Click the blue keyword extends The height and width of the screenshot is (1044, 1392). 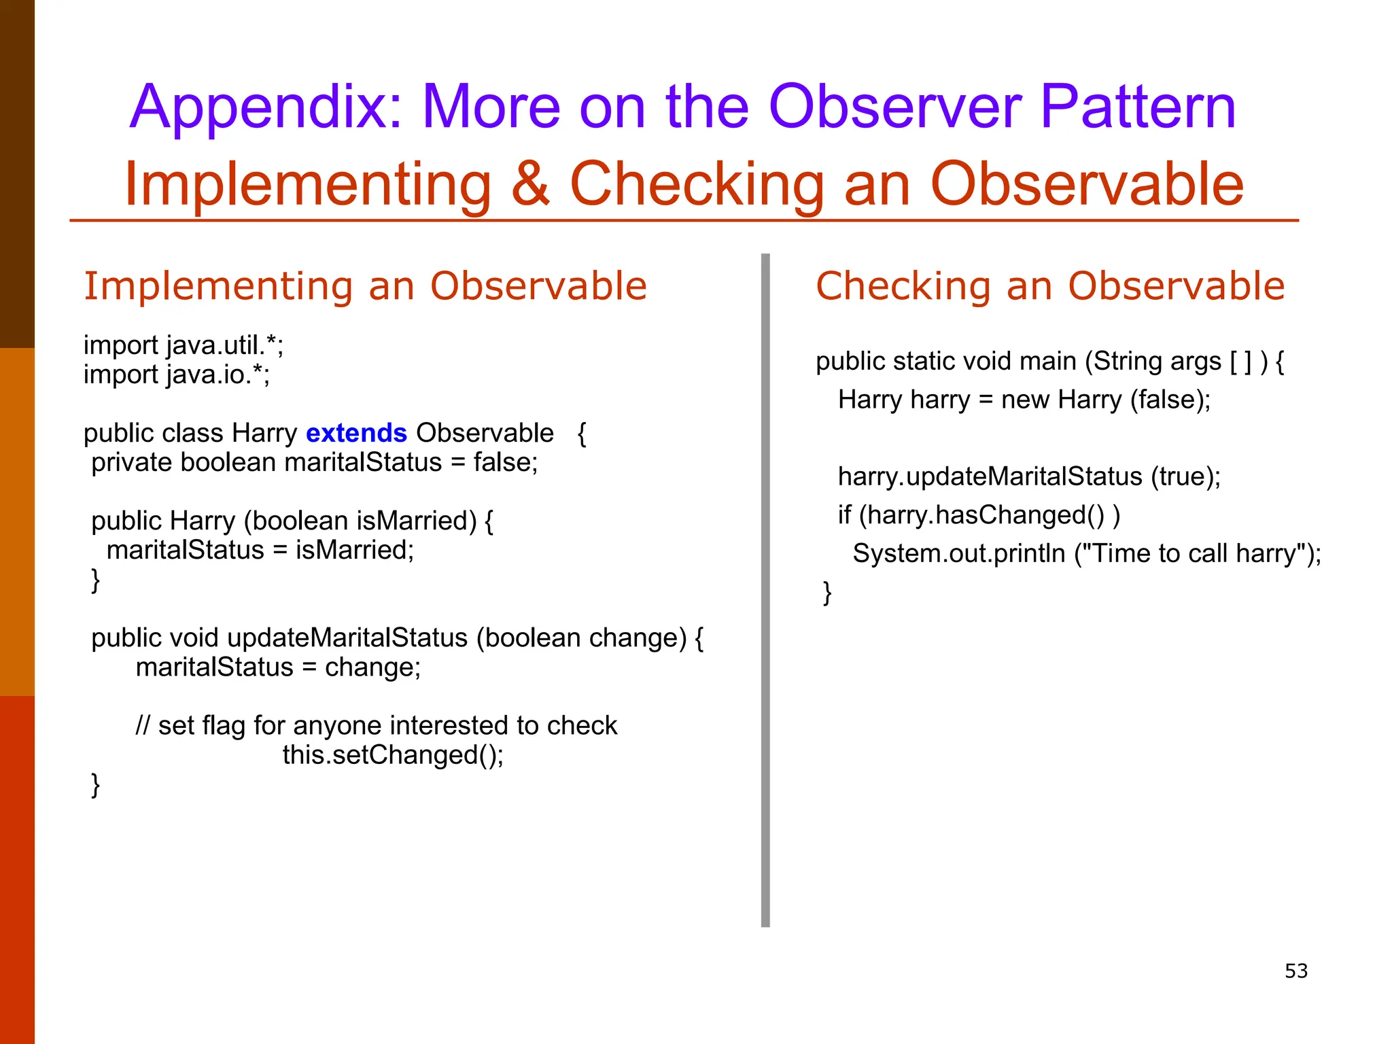(x=356, y=433)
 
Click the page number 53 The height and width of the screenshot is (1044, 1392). (x=1295, y=971)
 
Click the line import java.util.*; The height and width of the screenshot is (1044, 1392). (x=184, y=345)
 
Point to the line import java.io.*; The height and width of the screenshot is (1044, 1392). (x=177, y=375)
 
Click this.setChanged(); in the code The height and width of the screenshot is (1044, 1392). (x=393, y=755)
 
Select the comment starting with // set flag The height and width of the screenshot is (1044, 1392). (x=376, y=725)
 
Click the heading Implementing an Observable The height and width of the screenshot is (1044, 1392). (x=365, y=285)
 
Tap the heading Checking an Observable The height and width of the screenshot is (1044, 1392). (x=1050, y=285)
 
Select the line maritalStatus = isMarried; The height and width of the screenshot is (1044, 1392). (x=260, y=550)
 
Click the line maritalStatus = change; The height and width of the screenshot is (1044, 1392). (x=278, y=667)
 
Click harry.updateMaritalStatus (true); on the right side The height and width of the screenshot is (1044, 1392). (x=1029, y=476)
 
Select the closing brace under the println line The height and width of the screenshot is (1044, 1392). (x=826, y=592)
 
